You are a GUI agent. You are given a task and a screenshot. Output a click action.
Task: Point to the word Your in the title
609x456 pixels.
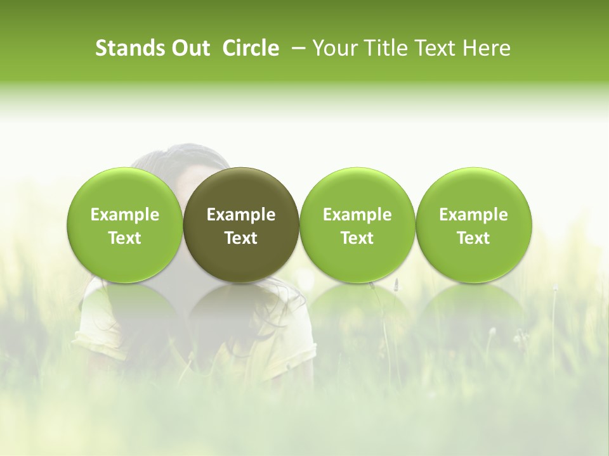[x=333, y=48]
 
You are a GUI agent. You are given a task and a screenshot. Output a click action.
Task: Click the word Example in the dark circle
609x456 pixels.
[x=241, y=215]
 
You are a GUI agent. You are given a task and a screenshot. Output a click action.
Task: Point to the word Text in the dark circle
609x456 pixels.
[x=241, y=238]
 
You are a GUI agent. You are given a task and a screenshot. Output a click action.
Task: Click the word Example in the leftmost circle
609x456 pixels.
[x=125, y=215]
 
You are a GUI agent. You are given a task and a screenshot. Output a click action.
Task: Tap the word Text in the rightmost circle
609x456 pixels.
[x=473, y=238]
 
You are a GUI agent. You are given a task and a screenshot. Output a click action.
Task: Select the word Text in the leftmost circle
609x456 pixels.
[x=125, y=238]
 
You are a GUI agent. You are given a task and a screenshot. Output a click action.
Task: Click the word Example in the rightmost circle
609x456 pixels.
[x=473, y=215]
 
